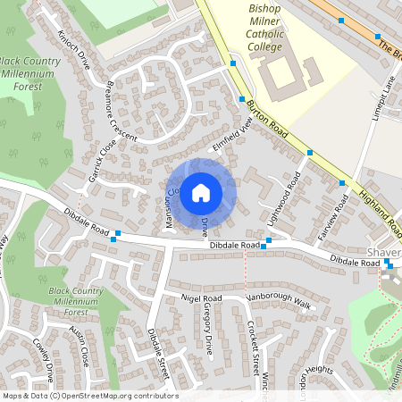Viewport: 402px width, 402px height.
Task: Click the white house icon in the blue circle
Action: pyautogui.click(x=201, y=192)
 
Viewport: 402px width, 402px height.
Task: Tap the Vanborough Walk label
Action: pyautogui.click(x=279, y=303)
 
